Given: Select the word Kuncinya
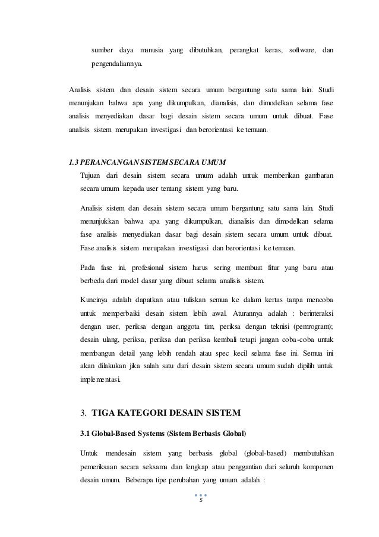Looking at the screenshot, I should [95, 299].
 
